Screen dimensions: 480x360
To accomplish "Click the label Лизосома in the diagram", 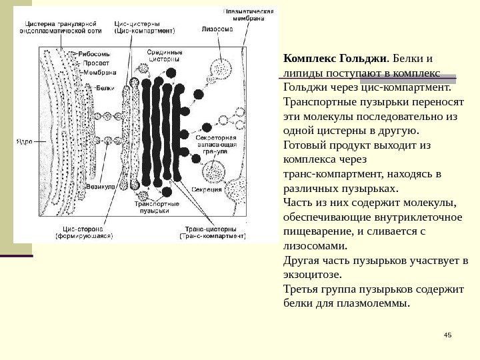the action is coord(218,29).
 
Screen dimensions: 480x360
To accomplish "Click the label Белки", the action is coord(105,87).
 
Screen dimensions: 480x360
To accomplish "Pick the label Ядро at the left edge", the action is coord(24,141).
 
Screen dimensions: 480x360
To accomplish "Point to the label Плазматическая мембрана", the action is coord(248,15).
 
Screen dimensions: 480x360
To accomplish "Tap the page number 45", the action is coord(447,334).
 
